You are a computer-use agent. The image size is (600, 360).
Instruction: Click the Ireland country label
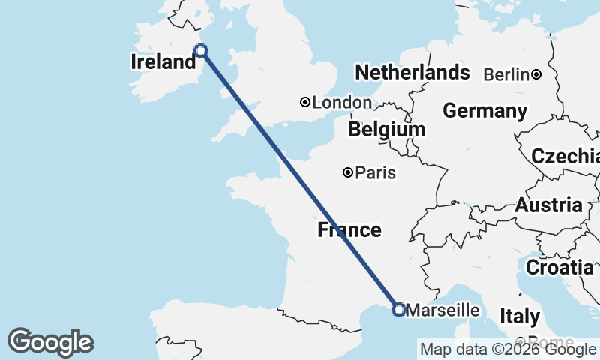pyautogui.click(x=163, y=62)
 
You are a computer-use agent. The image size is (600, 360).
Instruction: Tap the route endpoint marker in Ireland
pyautogui.click(x=201, y=51)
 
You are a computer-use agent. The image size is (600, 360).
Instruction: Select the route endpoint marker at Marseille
pyautogui.click(x=399, y=309)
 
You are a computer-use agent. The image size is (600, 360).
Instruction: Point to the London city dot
pyautogui.click(x=305, y=102)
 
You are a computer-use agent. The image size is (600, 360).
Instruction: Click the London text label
pyautogui.click(x=342, y=103)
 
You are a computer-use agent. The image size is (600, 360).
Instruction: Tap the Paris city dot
pyautogui.click(x=348, y=173)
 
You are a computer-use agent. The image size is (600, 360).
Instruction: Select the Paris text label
pyautogui.click(x=376, y=173)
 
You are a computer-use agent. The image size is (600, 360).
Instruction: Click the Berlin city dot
pyautogui.click(x=536, y=74)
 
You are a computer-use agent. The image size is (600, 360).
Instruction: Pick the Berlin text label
pyautogui.click(x=506, y=74)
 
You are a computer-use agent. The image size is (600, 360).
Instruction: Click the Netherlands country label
pyautogui.click(x=412, y=73)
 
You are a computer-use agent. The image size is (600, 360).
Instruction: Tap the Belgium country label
pyautogui.click(x=386, y=130)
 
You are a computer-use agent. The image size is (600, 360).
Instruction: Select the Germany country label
pyautogui.click(x=484, y=111)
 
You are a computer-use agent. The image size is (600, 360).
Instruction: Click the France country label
pyautogui.click(x=349, y=229)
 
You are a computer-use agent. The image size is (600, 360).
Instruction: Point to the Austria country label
pyautogui.click(x=548, y=205)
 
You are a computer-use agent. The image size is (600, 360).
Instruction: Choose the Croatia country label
pyautogui.click(x=559, y=267)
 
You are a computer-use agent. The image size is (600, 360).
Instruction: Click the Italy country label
pyautogui.click(x=519, y=316)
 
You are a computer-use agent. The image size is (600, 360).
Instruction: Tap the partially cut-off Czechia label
pyautogui.click(x=565, y=157)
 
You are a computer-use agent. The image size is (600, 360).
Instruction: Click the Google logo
pyautogui.click(x=50, y=342)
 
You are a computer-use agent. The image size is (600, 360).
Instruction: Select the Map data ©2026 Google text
pyautogui.click(x=507, y=349)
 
